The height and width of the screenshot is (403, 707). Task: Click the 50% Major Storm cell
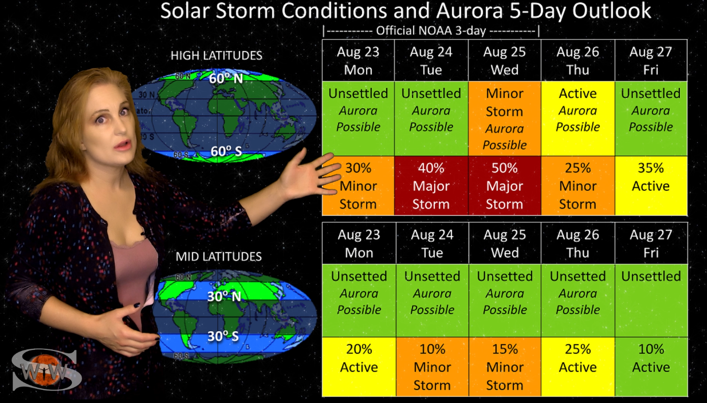504,186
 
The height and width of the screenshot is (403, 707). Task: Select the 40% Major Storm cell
431,186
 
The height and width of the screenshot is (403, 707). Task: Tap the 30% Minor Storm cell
358,186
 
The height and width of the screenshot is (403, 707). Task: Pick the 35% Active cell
651,186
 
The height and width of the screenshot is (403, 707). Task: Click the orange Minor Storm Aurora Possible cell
504,119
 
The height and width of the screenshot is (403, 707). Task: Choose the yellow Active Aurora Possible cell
578,119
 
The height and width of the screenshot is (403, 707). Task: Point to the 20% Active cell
359,367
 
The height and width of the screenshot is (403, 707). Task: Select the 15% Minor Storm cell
505,367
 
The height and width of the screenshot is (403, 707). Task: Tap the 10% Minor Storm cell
432,367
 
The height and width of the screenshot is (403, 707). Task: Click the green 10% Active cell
651,367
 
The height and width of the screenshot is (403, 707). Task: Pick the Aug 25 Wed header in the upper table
504,60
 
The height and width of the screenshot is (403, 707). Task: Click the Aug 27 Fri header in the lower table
651,243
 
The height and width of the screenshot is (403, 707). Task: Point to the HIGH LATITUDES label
217,56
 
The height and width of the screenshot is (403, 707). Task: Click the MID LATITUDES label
219,257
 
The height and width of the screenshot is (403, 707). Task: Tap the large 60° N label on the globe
226,79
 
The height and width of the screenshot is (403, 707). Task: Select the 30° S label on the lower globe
223,336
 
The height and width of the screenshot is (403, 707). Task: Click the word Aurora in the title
469,11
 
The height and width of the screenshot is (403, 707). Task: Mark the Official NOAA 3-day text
431,31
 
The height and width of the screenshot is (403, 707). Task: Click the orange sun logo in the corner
45,369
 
